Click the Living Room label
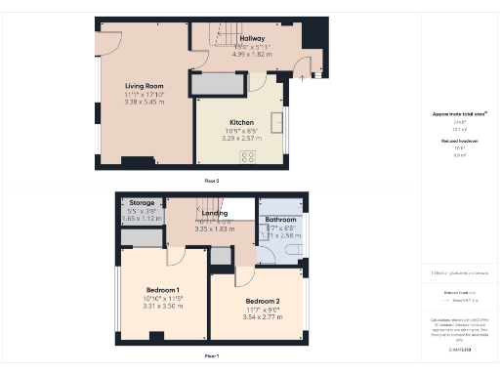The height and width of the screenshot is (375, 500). click(x=142, y=85)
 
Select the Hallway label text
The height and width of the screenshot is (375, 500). click(x=252, y=38)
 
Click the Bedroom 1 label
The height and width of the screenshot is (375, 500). click(x=163, y=290)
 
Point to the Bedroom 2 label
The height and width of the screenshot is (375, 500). click(x=263, y=300)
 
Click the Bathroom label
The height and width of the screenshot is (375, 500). click(x=281, y=220)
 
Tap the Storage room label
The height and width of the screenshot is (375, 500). click(x=142, y=203)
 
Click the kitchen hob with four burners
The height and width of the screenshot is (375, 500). click(x=248, y=155)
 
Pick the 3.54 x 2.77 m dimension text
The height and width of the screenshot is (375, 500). click(x=263, y=315)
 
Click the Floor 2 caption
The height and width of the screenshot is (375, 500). click(x=211, y=181)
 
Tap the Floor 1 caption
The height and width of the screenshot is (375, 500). click(x=211, y=355)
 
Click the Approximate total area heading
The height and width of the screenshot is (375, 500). click(x=459, y=114)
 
